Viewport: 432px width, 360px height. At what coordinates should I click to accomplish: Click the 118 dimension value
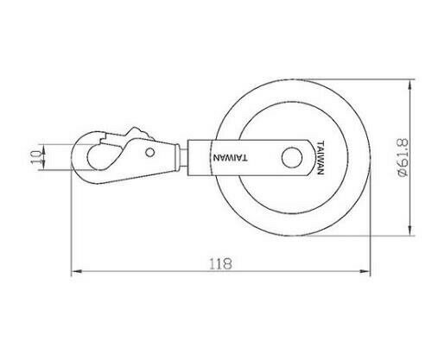coord(220,263)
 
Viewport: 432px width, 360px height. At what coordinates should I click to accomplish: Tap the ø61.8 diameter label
coord(403,157)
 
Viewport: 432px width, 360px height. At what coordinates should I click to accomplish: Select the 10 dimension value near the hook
coord(36,157)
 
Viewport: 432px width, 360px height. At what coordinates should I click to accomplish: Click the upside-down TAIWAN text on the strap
coord(230,158)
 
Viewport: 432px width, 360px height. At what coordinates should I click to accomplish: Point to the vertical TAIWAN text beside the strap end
coord(321,158)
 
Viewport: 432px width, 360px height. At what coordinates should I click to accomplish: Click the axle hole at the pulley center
coord(292,158)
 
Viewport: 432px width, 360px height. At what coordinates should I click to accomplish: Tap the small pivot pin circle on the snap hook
coord(149,152)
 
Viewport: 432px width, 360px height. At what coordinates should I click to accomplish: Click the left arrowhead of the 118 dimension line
coord(77,271)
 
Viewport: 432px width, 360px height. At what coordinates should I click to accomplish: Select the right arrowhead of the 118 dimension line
coord(365,271)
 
